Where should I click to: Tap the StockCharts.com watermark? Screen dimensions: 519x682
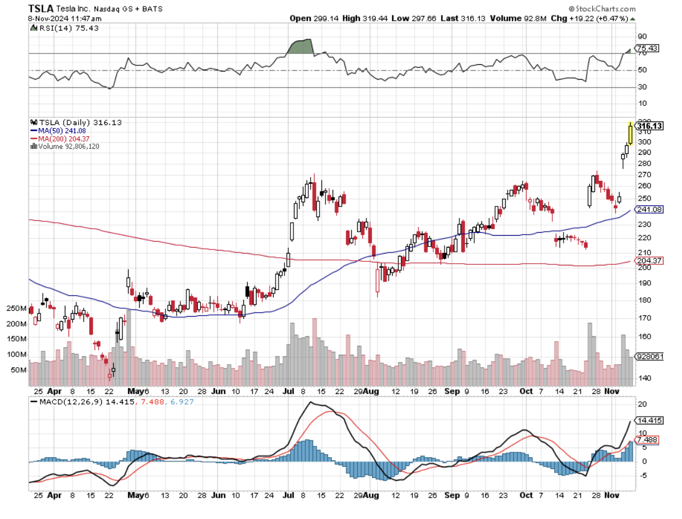point(602,9)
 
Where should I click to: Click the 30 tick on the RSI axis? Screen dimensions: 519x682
point(642,87)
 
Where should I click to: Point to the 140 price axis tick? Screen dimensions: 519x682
point(645,378)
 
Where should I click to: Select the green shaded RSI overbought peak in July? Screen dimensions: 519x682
point(301,47)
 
